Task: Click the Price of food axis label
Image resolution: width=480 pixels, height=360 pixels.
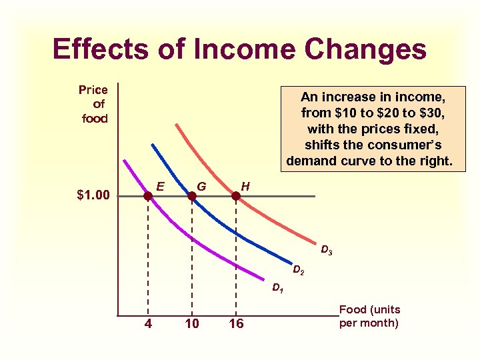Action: coord(94,104)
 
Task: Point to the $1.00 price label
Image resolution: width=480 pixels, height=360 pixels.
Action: coord(93,196)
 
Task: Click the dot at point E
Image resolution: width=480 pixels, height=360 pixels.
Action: coord(148,196)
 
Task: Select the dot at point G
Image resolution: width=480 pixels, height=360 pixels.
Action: coord(192,196)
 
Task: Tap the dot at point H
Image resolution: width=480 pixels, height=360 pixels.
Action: coord(235,196)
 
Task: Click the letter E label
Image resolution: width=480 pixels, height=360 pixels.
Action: coord(161,186)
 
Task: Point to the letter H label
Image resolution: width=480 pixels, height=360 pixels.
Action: coord(245,186)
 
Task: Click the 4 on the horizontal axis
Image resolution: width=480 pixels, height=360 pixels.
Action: coord(147,324)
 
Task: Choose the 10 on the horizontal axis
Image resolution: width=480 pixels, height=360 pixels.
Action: coord(192,324)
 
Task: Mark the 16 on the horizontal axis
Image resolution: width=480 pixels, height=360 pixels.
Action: coord(236,324)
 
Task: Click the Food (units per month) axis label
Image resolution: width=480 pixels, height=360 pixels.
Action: coord(369,317)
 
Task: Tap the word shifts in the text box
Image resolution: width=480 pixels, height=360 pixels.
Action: coord(324,145)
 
